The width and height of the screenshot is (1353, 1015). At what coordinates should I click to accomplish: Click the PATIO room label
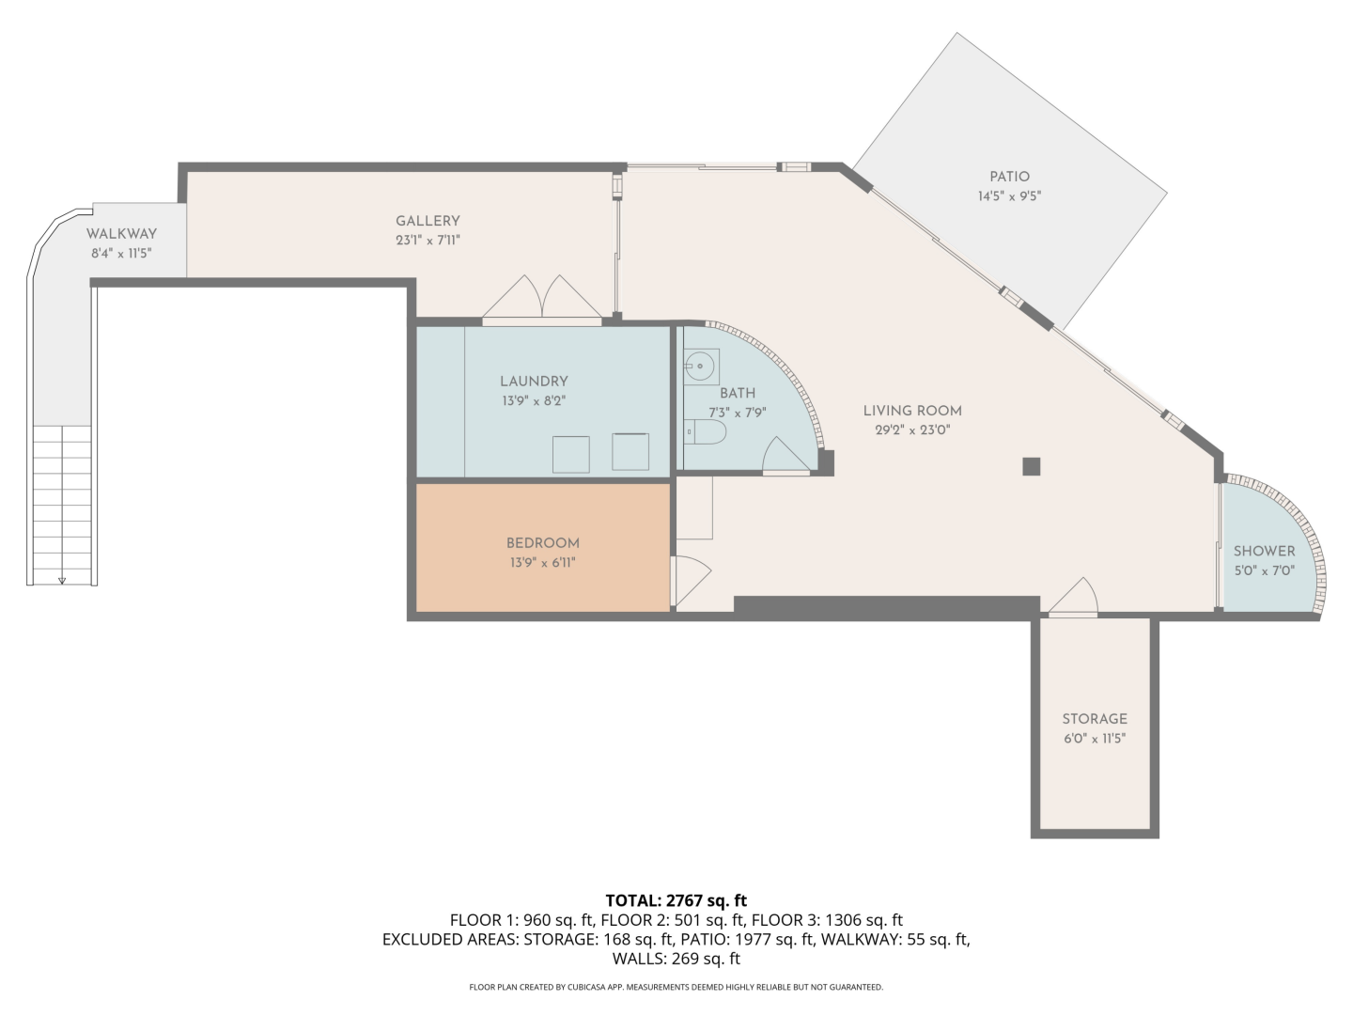(x=1009, y=177)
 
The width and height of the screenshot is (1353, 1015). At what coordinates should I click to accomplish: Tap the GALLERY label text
(x=428, y=221)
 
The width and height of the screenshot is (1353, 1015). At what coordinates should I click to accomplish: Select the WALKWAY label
(x=121, y=234)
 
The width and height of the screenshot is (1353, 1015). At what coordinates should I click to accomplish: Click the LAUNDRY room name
(x=534, y=381)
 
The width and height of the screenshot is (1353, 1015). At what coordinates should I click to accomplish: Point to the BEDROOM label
(x=543, y=543)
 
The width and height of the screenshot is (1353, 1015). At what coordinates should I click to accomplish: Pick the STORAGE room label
(x=1095, y=719)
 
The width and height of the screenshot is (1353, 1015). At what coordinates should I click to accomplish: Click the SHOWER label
(x=1265, y=551)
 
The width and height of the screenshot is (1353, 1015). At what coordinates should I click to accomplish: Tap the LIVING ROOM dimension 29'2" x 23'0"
(x=913, y=430)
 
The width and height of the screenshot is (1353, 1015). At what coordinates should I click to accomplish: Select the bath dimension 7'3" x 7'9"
(x=738, y=413)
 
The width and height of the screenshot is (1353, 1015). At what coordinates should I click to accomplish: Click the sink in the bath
(x=701, y=367)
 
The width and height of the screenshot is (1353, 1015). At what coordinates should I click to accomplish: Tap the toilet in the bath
(x=706, y=432)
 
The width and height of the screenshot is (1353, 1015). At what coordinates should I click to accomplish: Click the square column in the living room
(x=1032, y=466)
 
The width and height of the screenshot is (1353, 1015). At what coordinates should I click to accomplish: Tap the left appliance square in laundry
(x=570, y=455)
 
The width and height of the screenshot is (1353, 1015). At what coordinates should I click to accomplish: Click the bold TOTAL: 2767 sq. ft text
(x=676, y=900)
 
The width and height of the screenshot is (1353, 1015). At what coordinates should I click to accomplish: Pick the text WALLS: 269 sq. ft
(x=676, y=959)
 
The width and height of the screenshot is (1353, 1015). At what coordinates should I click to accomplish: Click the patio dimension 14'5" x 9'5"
(x=1009, y=196)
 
